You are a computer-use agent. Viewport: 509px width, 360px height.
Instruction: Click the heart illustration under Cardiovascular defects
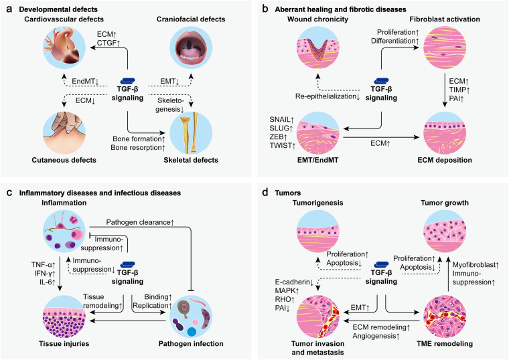click(64, 48)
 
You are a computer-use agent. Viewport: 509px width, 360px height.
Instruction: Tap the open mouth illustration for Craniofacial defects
click(191, 48)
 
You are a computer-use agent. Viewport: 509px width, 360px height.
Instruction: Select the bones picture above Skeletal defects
click(191, 133)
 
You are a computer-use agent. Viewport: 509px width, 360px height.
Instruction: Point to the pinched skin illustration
click(64, 133)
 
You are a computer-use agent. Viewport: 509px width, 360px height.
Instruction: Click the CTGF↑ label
click(108, 43)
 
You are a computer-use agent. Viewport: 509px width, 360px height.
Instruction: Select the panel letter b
click(265, 9)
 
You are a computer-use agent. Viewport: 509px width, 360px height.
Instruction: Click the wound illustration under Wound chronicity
click(318, 48)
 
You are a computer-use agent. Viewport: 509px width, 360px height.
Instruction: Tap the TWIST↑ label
click(283, 146)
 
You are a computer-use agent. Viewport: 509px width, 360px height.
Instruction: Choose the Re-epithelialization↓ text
click(328, 96)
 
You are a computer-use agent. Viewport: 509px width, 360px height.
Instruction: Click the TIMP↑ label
click(459, 90)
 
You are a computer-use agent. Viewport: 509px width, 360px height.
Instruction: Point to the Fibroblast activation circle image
click(445, 48)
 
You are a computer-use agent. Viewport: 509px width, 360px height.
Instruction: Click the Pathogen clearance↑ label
click(140, 222)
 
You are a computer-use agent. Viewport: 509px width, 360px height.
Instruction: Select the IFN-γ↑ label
click(45, 274)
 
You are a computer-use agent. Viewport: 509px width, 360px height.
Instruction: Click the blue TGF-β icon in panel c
click(127, 265)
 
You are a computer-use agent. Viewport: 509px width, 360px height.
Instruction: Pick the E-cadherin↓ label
click(294, 282)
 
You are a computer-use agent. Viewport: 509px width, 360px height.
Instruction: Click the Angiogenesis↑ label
click(376, 336)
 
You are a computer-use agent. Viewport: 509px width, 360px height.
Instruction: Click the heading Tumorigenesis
click(318, 203)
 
